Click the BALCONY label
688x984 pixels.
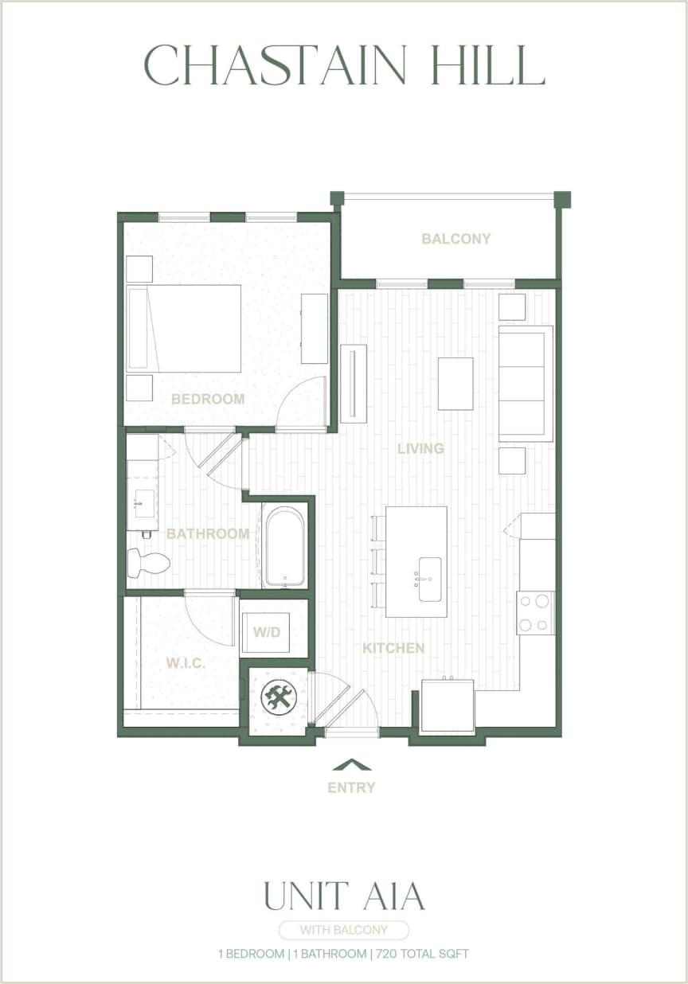pyautogui.click(x=455, y=239)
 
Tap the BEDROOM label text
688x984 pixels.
pyautogui.click(x=208, y=399)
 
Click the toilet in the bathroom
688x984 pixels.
pyautogui.click(x=149, y=562)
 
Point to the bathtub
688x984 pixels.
pyautogui.click(x=284, y=546)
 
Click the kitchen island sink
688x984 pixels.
pyautogui.click(x=429, y=579)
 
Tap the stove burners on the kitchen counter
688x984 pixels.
pyautogui.click(x=536, y=612)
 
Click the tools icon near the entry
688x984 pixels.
pyautogui.click(x=279, y=698)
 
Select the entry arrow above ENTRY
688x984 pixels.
pyautogui.click(x=351, y=765)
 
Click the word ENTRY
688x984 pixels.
pyautogui.click(x=351, y=788)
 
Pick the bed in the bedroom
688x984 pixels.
pyautogui.click(x=184, y=328)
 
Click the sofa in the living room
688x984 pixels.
pyautogui.click(x=525, y=383)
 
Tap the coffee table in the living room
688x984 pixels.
pyautogui.click(x=455, y=384)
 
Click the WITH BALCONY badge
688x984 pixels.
pyautogui.click(x=343, y=930)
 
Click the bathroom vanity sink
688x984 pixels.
pyautogui.click(x=143, y=503)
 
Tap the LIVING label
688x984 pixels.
pyautogui.click(x=420, y=449)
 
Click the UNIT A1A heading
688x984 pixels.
pyautogui.click(x=343, y=896)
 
